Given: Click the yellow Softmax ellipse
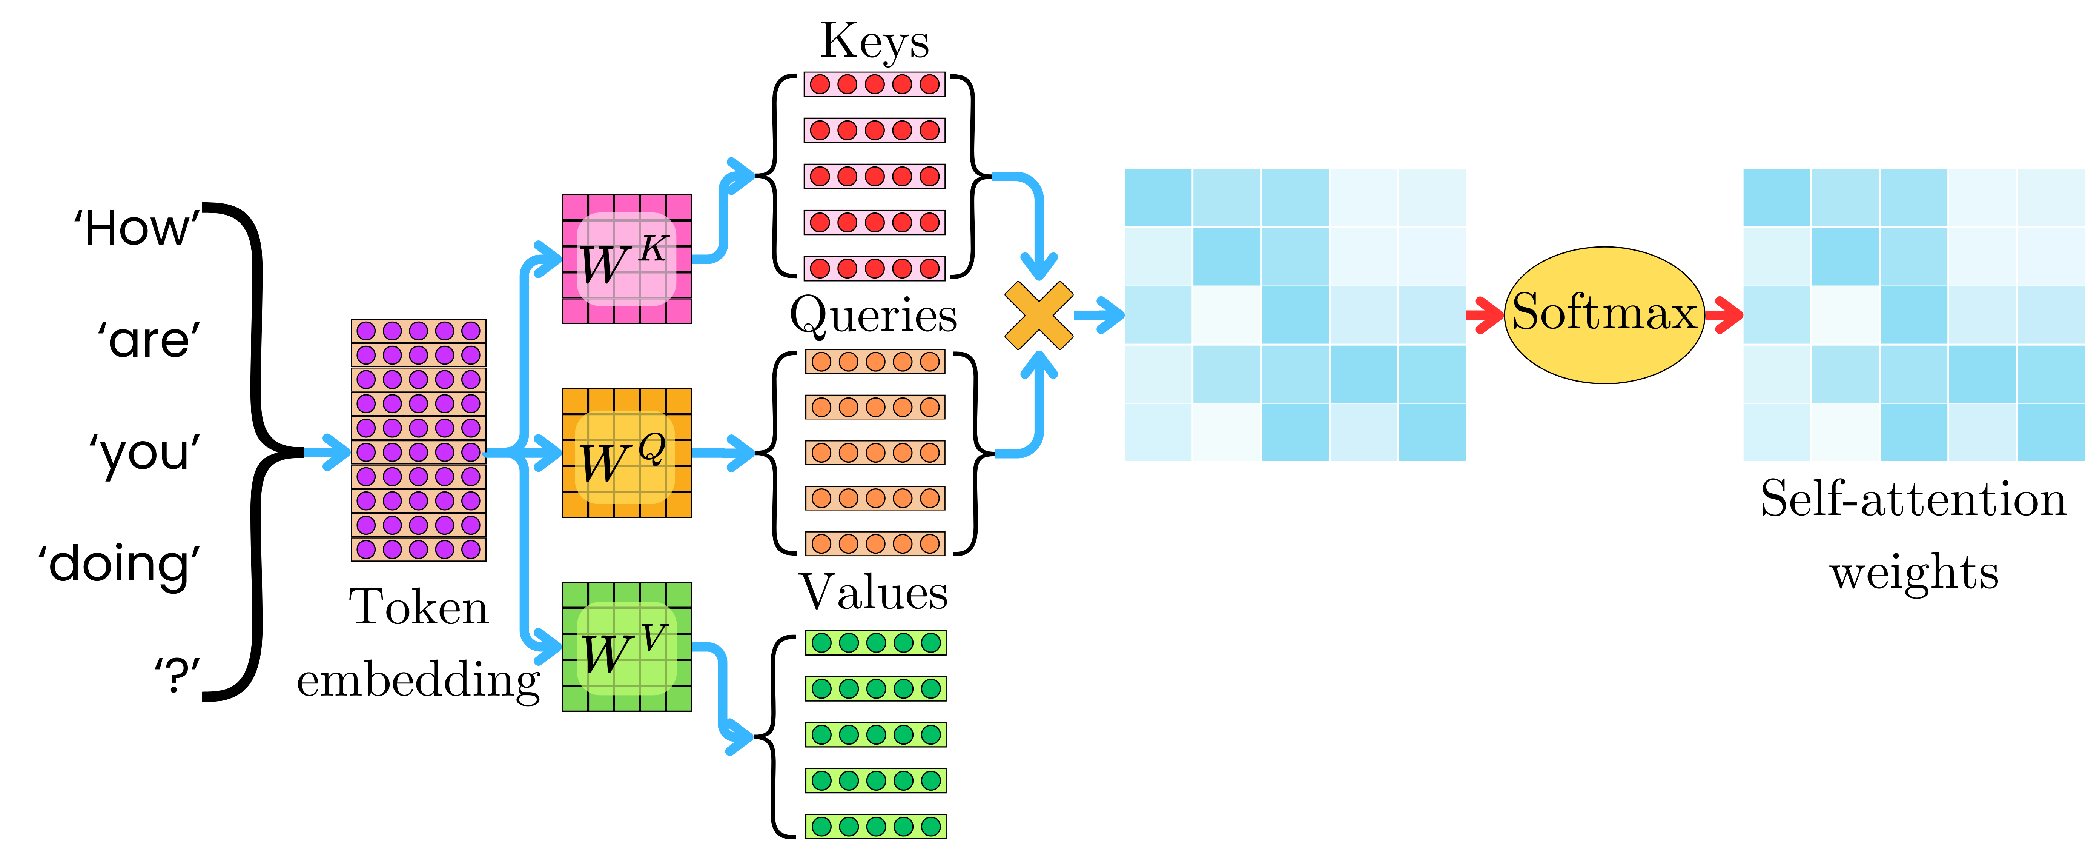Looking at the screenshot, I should (x=1604, y=315).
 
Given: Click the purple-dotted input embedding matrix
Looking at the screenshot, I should (x=418, y=440).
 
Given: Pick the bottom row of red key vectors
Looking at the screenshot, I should (x=874, y=268).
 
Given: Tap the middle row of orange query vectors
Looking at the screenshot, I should (x=875, y=453).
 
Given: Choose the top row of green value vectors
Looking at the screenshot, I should (x=876, y=643).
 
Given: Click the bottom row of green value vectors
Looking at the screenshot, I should (x=876, y=826).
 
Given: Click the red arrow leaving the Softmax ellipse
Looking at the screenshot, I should (x=1724, y=315).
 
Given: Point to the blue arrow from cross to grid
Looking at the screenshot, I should (x=1099, y=315).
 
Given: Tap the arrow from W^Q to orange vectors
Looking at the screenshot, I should (x=723, y=453).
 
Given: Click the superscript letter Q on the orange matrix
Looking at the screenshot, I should (x=652, y=447).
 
